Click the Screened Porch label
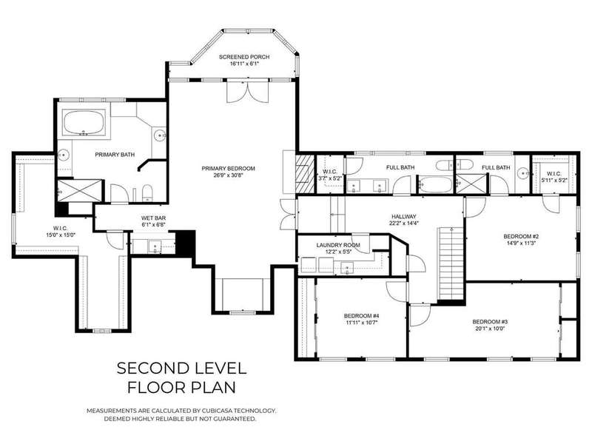coord(244,57)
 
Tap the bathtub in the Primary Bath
coord(84,122)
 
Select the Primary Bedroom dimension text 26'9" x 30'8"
coord(228,175)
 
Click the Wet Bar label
coord(153,218)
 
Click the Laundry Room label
coord(338,245)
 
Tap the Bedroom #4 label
coord(361,316)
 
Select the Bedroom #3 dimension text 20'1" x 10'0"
coord(490,329)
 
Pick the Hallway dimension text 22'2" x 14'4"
coord(403,223)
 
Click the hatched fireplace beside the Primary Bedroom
coord(305,173)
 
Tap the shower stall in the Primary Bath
coord(79,191)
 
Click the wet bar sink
coord(155,247)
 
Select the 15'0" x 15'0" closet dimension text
coord(61,235)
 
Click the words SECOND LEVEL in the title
coord(181,368)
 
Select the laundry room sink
coord(347,268)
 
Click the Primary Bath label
coord(115,155)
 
